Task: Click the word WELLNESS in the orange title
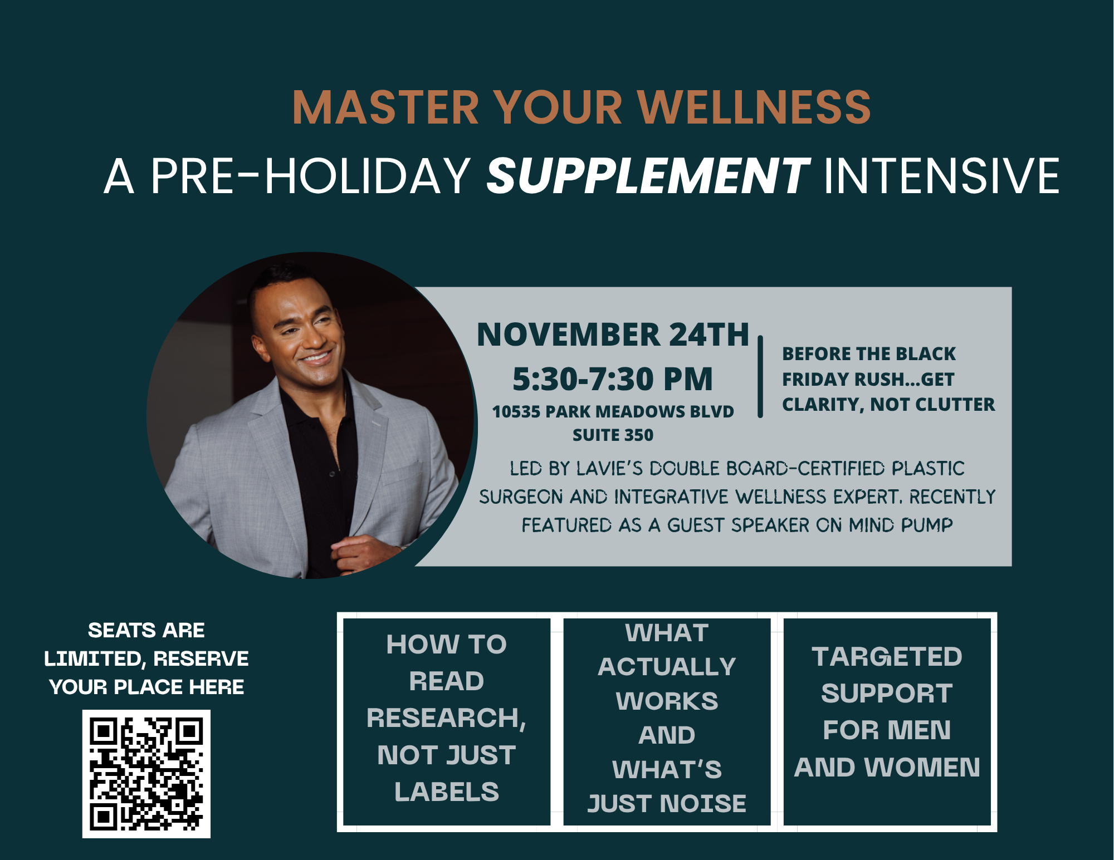754,107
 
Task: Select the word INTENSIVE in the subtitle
941,176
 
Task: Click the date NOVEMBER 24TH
613,335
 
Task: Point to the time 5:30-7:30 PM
613,379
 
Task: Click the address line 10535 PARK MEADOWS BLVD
613,412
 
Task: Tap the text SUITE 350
613,435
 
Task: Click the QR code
146,774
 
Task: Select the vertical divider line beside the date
760,376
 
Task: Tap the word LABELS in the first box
447,792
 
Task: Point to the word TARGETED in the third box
887,657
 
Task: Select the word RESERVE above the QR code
201,658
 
